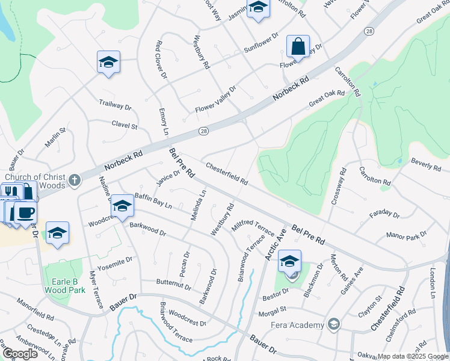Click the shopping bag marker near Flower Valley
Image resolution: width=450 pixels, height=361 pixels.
point(298,46)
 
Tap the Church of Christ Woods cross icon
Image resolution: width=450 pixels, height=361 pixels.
point(74,179)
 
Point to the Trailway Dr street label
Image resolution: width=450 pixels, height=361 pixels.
point(115,106)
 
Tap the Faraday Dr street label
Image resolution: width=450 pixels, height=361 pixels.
point(384,214)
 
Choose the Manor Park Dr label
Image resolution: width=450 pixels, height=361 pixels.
point(407,233)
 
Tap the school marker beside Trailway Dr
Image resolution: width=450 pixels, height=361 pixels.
point(108,63)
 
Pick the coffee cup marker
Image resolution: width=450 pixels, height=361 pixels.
point(25,212)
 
